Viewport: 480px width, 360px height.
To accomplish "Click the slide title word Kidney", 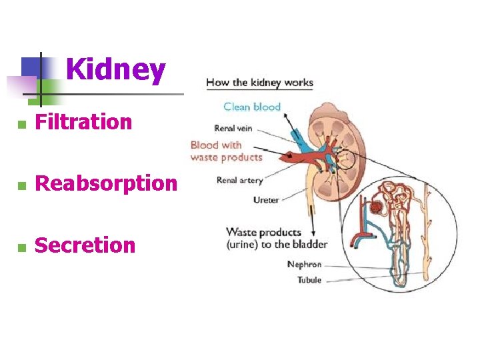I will tap(115, 70).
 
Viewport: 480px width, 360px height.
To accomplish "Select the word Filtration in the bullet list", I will tap(83, 122).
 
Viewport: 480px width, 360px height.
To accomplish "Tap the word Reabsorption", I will tap(106, 183).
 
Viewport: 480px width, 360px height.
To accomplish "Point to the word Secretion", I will tap(85, 245).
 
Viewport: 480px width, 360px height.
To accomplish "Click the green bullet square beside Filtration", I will tap(21, 124).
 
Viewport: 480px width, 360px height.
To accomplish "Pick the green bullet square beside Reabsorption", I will tap(21, 185).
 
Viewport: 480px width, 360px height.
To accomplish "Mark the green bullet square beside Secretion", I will tap(21, 247).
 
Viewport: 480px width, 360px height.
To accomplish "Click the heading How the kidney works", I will tap(259, 83).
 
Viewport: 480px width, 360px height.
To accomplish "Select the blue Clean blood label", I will tap(252, 107).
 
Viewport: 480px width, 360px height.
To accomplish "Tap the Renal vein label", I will tap(233, 129).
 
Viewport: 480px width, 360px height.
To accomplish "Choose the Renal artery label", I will tap(240, 180).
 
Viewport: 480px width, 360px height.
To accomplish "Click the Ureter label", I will tap(266, 199).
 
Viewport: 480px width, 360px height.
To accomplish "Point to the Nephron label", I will tap(304, 265).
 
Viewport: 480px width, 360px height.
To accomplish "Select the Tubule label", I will tap(309, 280).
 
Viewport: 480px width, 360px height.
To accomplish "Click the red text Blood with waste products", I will tap(226, 151).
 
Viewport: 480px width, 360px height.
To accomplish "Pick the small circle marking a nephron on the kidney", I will tap(345, 159).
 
